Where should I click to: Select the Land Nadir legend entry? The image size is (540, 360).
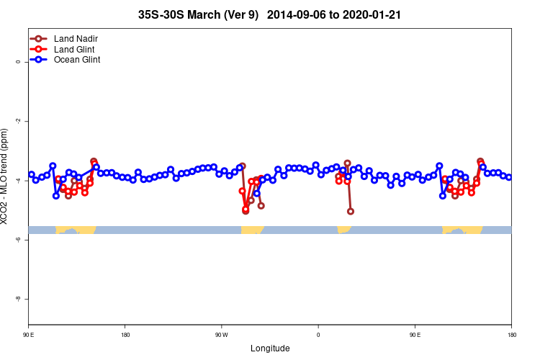76,38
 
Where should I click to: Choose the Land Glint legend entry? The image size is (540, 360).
75,49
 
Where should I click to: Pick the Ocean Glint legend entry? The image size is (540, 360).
77,60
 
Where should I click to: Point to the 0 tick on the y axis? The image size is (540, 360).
19,62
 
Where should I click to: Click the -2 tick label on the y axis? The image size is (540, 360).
19,121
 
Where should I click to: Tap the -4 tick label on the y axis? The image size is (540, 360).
19,180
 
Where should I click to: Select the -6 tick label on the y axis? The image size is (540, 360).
19,239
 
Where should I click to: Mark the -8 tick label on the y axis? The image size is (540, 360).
19,298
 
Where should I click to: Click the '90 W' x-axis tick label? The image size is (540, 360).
221,336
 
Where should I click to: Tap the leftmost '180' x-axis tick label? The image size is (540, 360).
125,336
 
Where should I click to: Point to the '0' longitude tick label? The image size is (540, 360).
318,336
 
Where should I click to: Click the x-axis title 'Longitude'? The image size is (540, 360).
270,348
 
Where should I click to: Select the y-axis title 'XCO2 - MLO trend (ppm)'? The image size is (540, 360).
6,176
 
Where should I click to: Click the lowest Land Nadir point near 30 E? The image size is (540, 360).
351,212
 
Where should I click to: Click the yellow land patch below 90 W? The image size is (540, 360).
251,230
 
